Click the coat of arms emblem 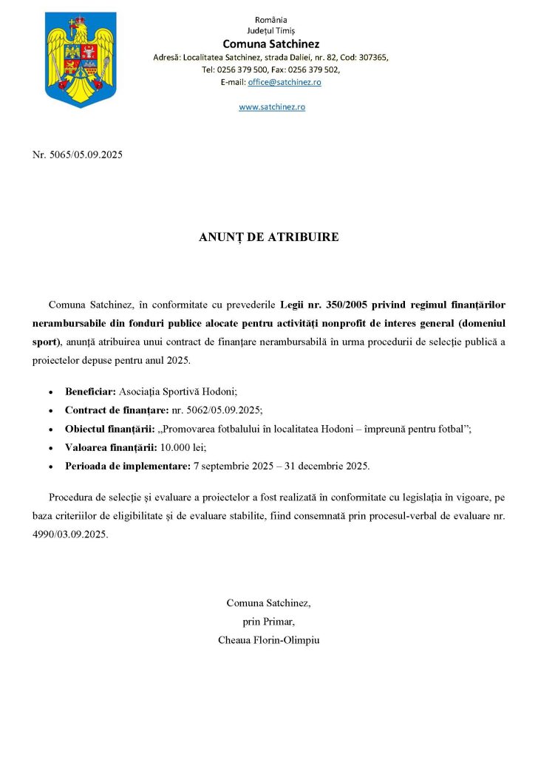tap(81, 58)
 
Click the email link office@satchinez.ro tap(285, 82)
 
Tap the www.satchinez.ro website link tap(271, 106)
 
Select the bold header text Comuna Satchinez tap(270, 44)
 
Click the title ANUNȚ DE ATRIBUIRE tap(269, 237)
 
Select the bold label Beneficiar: tap(91, 390)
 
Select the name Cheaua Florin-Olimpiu tap(269, 639)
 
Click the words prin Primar tap(269, 621)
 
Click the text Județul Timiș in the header tap(270, 31)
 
